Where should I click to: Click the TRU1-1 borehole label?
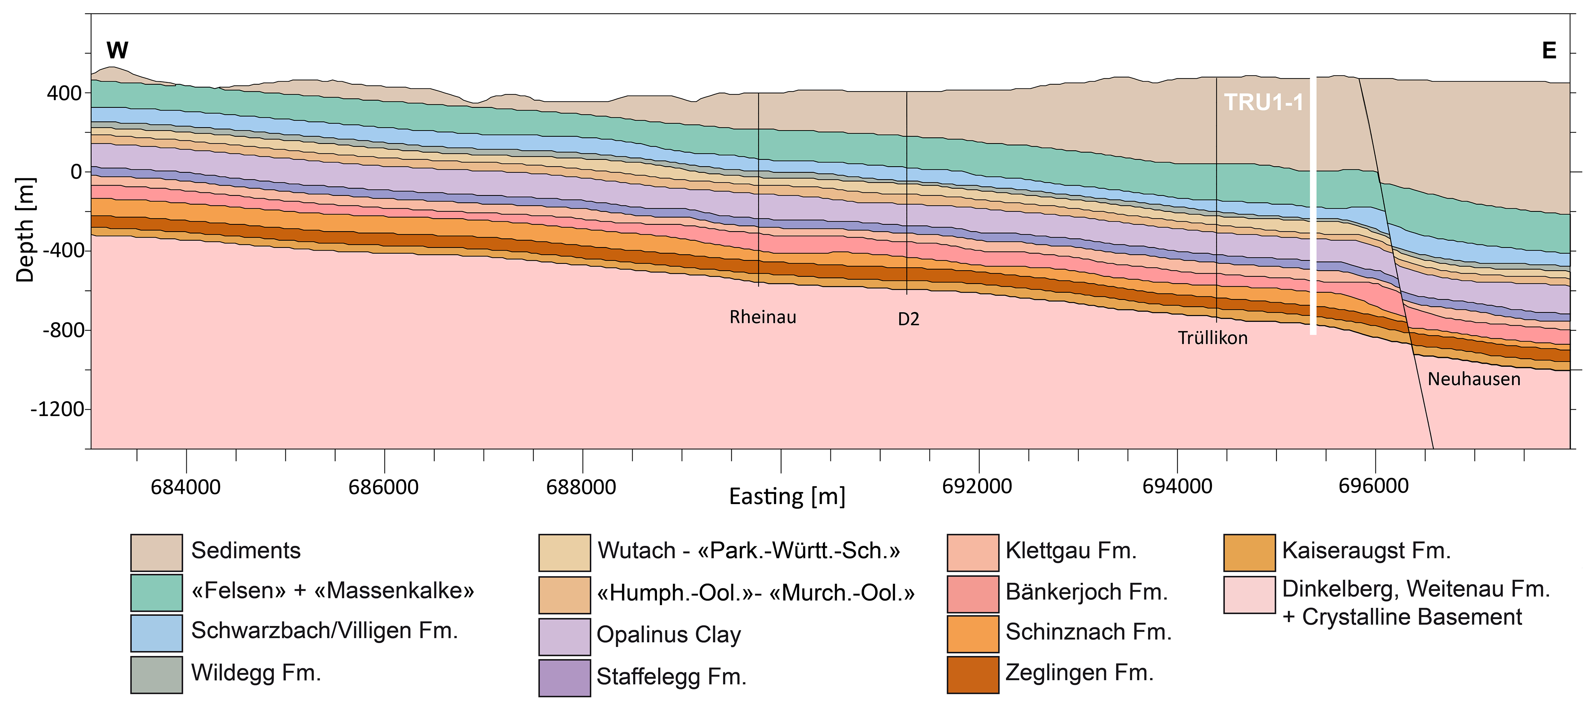[x=1263, y=102]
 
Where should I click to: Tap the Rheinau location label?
[x=762, y=317]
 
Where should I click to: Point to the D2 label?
[x=908, y=319]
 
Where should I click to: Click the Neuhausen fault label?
[x=1473, y=379]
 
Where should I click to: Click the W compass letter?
[x=117, y=50]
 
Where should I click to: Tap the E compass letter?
[x=1548, y=50]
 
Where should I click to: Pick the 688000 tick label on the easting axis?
[x=581, y=487]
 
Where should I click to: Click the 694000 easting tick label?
[x=1177, y=487]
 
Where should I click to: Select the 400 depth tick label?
[x=65, y=94]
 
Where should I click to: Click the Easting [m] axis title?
[x=787, y=497]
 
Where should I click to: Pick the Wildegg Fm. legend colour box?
[x=156, y=674]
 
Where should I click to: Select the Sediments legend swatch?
[x=156, y=552]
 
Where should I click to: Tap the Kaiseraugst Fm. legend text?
[x=1366, y=550]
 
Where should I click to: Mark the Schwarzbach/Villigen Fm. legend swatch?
[x=156, y=632]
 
